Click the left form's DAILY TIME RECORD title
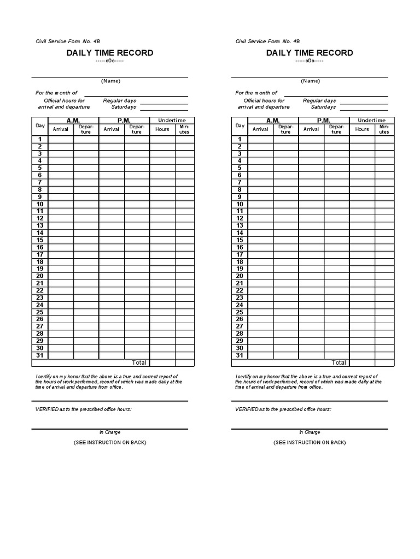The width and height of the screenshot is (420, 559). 110,53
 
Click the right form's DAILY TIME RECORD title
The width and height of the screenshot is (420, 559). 310,53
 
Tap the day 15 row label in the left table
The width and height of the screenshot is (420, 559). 40,240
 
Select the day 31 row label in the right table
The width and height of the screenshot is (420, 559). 240,355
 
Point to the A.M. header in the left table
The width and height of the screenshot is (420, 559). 73,120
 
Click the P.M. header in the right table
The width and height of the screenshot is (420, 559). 324,120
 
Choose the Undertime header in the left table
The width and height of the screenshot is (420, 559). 172,120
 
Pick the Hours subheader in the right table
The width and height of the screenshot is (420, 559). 362,129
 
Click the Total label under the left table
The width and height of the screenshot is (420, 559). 139,362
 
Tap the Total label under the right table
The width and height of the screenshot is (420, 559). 339,362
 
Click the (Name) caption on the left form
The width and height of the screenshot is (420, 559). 110,81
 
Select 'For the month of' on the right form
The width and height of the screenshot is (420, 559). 256,93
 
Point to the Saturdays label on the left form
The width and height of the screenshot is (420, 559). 124,107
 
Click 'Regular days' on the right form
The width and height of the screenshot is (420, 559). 319,100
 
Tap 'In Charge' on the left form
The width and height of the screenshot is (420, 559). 110,432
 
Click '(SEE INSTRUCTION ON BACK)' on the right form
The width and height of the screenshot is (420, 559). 310,442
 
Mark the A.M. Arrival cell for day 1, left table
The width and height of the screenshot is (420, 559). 61,139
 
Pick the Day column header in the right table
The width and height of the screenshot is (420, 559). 240,126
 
